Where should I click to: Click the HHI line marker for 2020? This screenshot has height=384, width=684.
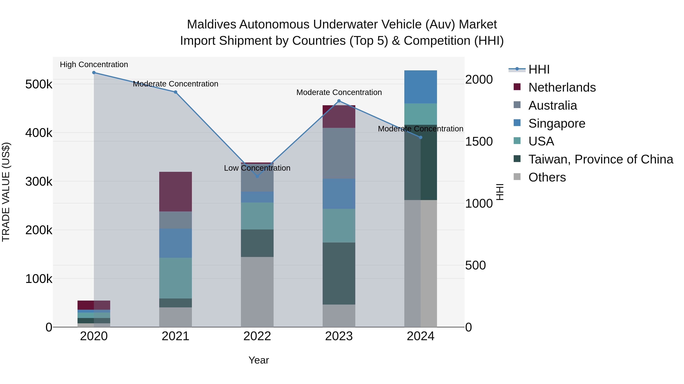[x=94, y=73]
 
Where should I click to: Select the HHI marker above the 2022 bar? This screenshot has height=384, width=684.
[x=257, y=176]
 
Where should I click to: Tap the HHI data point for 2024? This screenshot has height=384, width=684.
[x=420, y=137]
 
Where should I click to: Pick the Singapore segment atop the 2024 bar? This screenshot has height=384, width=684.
[x=420, y=87]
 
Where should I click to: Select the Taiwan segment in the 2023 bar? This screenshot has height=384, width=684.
[x=339, y=273]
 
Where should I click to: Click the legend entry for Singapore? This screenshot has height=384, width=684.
[x=556, y=123]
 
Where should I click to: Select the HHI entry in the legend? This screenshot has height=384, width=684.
[x=538, y=69]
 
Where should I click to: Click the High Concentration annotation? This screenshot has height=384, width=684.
[x=94, y=64]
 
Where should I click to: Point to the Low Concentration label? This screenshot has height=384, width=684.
[x=257, y=168]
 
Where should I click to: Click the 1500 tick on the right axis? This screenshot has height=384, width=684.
[x=479, y=141]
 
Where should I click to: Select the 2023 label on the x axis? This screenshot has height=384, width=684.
[x=339, y=336]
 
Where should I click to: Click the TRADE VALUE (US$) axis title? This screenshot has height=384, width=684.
[x=6, y=192]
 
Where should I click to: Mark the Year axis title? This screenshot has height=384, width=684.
[x=259, y=360]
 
